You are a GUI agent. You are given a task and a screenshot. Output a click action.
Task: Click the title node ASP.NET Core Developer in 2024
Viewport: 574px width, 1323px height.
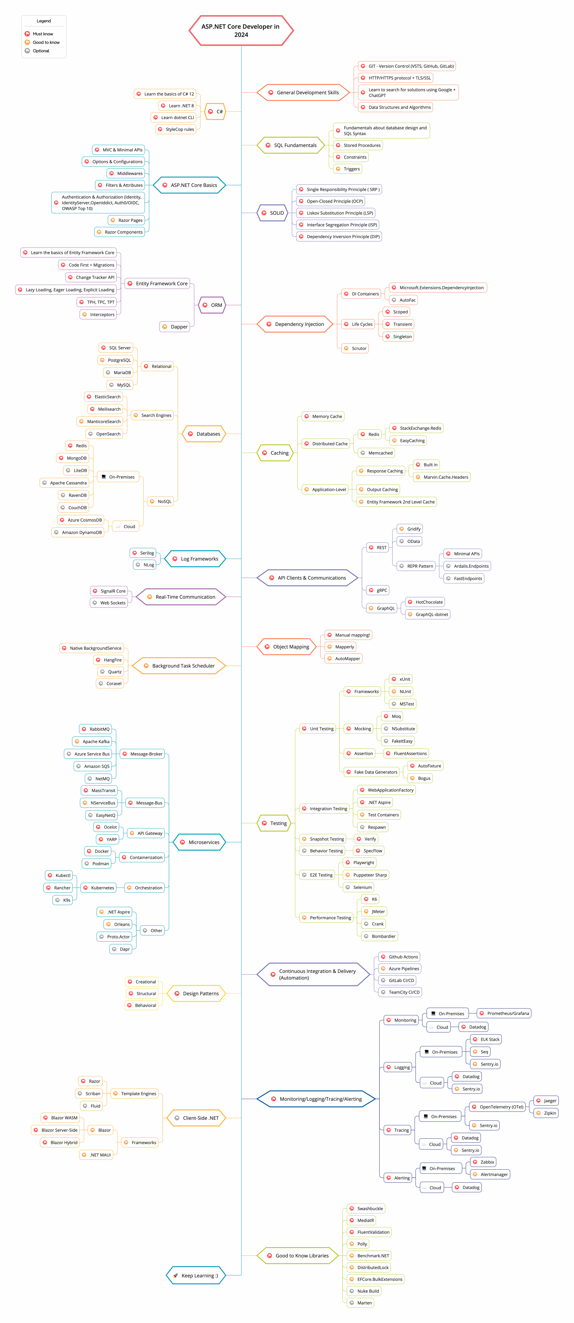click(241, 30)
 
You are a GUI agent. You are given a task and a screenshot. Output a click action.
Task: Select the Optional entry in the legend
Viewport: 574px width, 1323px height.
click(41, 51)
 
